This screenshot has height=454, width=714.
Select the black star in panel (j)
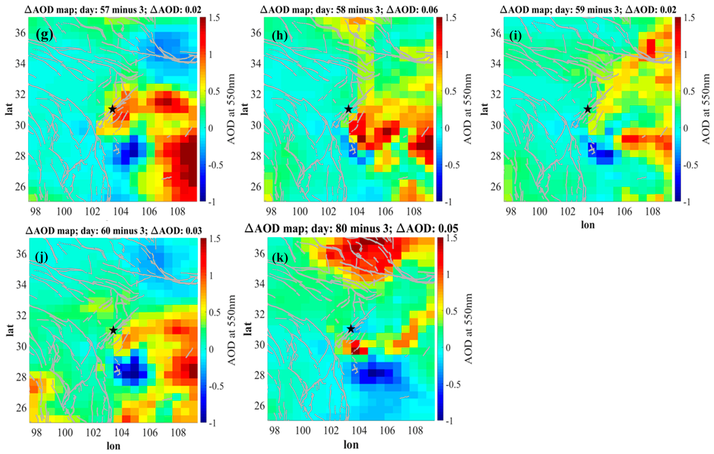(x=113, y=330)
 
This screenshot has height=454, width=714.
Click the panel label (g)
(x=44, y=35)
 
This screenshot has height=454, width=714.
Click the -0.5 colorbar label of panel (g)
(x=215, y=165)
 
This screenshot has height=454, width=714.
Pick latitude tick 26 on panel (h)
(x=256, y=187)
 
